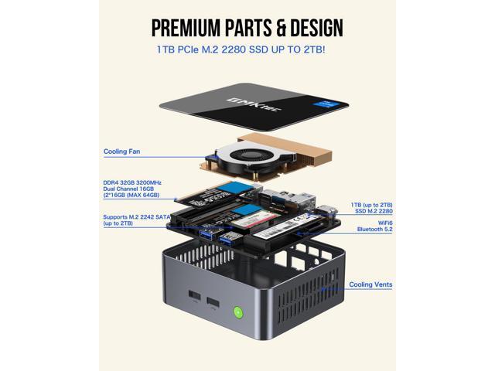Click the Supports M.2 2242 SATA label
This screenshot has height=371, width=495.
pos(136,218)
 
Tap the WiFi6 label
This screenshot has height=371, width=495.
pos(378,223)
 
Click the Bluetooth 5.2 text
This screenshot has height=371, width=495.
pos(375,230)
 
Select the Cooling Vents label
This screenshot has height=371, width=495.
pos(370,285)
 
